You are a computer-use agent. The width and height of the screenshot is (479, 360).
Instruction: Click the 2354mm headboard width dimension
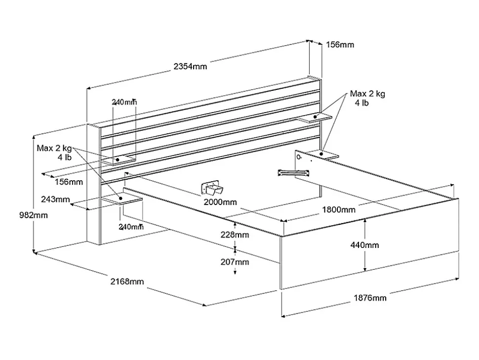coord(190,66)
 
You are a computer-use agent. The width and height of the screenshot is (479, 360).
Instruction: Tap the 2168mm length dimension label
coord(127,281)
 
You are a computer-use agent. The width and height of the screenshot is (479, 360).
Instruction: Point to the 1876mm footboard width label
coord(370,298)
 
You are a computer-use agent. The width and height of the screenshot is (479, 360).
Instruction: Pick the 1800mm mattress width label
coord(338,209)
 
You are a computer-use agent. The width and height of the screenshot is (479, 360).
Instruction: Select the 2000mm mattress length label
coord(220,201)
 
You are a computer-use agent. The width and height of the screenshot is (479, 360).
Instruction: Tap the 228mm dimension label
coord(235,235)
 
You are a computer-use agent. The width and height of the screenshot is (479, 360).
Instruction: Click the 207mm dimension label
coord(235,262)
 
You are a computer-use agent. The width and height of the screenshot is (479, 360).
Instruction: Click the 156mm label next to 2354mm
coord(340,44)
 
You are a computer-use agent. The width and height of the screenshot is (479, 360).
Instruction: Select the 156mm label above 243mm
coord(69,182)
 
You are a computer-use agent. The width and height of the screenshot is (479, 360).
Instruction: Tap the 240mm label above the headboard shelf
coord(124,102)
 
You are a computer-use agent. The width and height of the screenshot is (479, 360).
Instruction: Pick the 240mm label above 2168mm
coord(131,227)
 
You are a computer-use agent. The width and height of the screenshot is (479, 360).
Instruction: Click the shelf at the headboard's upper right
coord(315,117)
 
